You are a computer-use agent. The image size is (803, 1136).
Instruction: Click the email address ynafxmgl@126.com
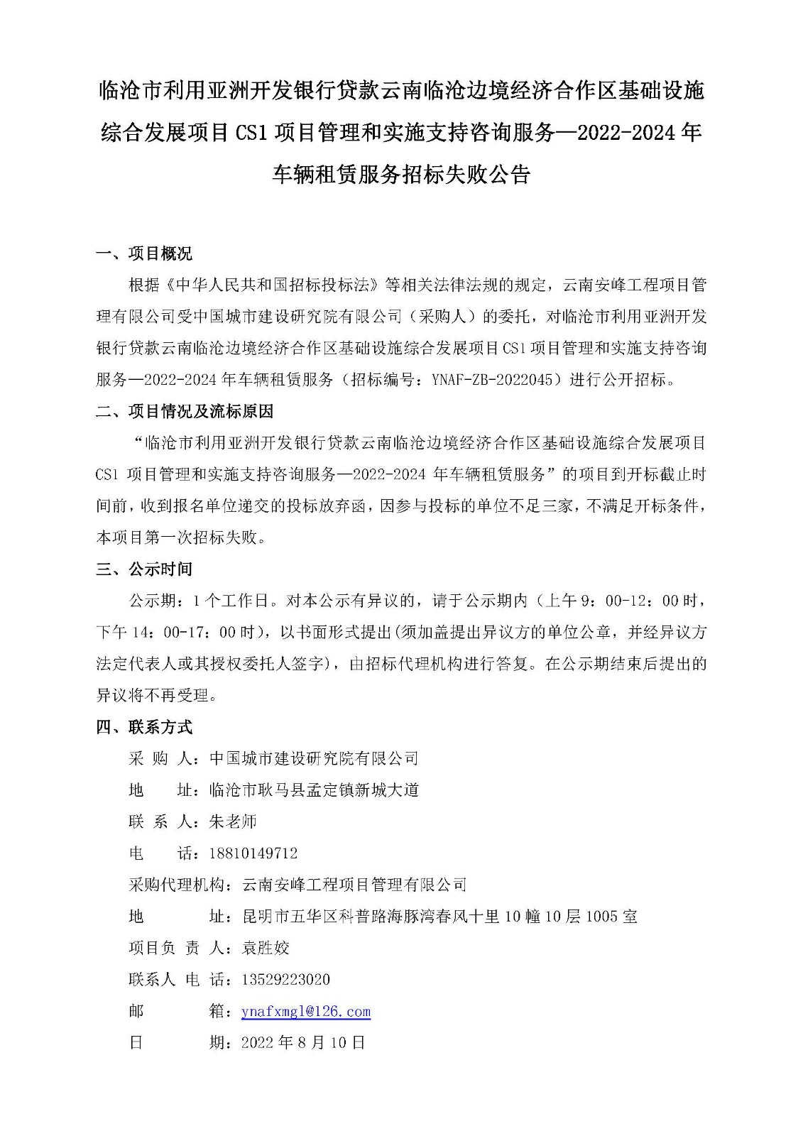click(x=305, y=1011)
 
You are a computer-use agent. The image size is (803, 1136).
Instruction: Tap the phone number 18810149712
click(x=253, y=853)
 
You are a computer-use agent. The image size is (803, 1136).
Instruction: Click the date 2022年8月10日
click(x=303, y=1042)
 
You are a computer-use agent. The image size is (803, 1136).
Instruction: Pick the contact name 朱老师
click(x=232, y=821)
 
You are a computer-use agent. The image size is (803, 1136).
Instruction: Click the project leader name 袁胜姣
click(x=266, y=948)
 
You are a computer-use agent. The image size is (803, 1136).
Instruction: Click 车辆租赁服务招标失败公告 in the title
click(x=401, y=174)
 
